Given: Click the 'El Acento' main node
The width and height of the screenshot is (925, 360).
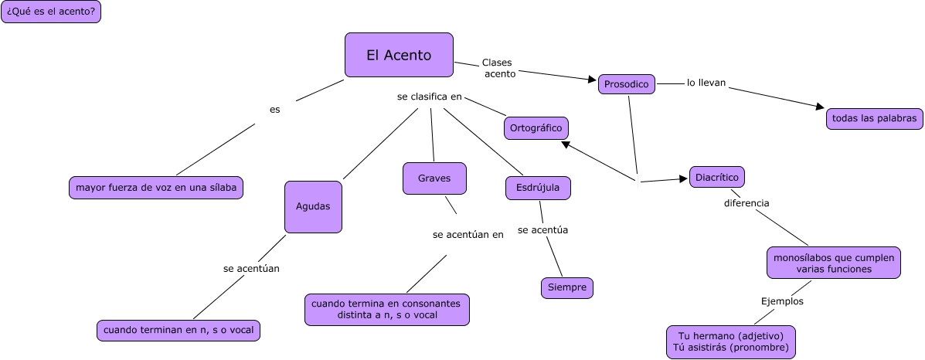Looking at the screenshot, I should coord(398,55).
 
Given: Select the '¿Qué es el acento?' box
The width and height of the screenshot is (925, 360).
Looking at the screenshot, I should coord(51,12).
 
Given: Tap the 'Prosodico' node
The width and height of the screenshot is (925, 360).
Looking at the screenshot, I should coord(627,84).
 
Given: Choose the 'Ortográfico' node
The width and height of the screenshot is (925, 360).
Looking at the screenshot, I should coord(536,128).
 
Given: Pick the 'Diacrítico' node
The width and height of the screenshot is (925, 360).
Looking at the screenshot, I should coord(717,177).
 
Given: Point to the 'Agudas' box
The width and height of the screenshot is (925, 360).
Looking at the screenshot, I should coord(313,206).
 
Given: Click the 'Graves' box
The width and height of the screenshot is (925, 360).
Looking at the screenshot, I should coord(434,178).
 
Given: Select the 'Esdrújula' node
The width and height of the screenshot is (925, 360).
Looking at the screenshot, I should coord(538,188).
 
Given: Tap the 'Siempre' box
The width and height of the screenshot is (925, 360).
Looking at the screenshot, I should coord(567,287).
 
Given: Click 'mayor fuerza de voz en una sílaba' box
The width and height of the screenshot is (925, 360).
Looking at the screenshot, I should coord(156,187).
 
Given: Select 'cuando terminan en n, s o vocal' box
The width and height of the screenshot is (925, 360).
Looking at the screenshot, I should coord(179,330).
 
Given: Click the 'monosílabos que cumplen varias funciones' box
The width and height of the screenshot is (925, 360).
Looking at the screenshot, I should coord(834,263).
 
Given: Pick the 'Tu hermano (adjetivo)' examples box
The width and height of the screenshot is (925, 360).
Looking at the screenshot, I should coord(730,342).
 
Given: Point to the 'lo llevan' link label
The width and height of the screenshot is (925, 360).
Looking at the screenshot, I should coord(706,83).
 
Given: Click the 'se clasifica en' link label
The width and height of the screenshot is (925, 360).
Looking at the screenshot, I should coord(429,97).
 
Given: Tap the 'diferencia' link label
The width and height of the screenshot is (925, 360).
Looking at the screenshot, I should coord(746,203).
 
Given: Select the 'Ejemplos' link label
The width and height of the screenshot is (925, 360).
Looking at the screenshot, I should coord(782,301).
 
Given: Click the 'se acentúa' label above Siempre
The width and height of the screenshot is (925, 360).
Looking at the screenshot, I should coord(542,229).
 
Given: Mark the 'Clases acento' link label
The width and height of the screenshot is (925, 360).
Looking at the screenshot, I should coord(498,68).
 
